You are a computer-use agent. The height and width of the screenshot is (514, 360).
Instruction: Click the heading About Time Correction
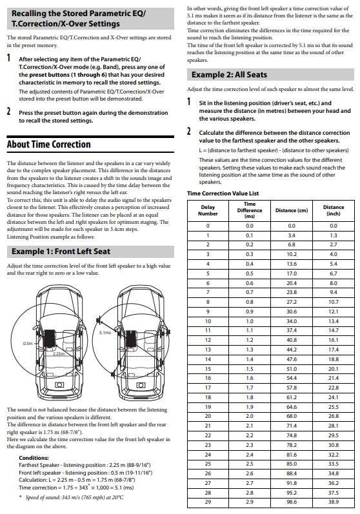coord(48,144)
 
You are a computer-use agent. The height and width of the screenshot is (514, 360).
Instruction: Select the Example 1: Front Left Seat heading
coord(61,252)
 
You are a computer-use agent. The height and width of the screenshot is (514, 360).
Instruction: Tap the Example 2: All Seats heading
coord(229,75)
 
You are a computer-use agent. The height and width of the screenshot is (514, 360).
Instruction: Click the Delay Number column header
coord(208,210)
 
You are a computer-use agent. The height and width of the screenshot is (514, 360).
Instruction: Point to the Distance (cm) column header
coord(292,210)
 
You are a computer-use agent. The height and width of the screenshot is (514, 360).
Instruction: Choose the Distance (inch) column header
coord(334,210)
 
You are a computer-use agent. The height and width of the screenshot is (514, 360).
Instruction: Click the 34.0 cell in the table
coord(292,321)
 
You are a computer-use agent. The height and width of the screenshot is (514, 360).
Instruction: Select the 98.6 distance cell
coord(292,502)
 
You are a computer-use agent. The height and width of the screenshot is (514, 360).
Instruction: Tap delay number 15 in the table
coord(208,369)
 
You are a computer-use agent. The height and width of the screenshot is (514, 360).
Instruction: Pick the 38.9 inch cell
coord(334,502)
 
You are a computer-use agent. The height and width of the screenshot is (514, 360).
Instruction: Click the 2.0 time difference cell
coord(250,416)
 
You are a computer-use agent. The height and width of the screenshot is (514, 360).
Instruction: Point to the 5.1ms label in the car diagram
coord(105,332)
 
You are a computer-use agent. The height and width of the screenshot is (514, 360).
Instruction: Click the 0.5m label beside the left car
coord(28,344)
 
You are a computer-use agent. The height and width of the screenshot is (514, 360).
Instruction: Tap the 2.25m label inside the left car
coord(59,353)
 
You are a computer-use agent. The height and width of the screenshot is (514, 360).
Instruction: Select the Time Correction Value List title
coord(223,193)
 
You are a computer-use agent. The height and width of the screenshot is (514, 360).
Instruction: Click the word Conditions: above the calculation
coord(34,458)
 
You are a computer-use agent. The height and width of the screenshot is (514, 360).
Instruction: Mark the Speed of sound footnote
coord(72,497)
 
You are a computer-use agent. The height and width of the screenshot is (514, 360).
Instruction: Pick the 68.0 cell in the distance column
coord(292,416)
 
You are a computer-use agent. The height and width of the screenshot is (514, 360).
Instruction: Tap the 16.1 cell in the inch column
coord(334,340)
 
